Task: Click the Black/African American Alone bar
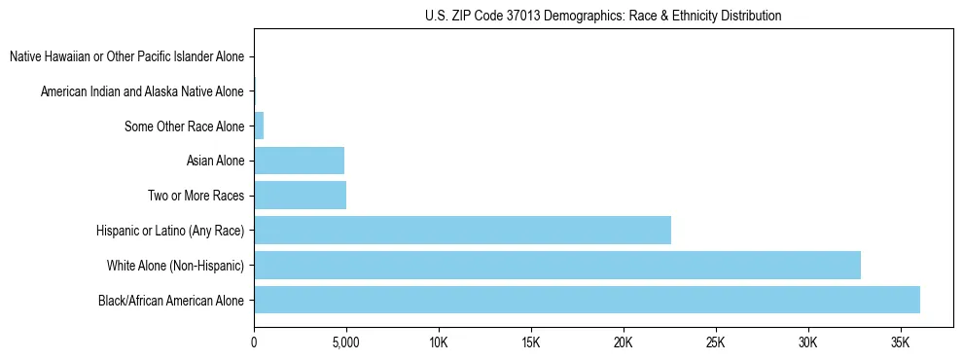tap(587, 300)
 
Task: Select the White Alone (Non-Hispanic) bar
tap(556, 265)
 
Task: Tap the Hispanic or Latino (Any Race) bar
tap(462, 231)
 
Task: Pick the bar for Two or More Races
tap(300, 196)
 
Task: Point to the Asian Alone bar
tap(299, 161)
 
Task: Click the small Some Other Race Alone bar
tap(259, 126)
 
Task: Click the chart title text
tap(603, 16)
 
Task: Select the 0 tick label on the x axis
tap(254, 342)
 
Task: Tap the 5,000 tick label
tap(346, 342)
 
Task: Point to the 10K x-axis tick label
tap(439, 342)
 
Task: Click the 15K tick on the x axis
tap(531, 342)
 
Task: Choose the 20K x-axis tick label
tap(624, 342)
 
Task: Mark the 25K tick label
tap(716, 342)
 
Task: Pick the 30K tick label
tap(808, 342)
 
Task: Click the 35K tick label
tap(901, 342)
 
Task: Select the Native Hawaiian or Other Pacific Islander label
tap(126, 56)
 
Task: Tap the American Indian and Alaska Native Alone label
tap(142, 91)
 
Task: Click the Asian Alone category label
tap(215, 161)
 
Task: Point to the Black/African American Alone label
tap(171, 300)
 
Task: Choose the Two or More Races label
tap(196, 196)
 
